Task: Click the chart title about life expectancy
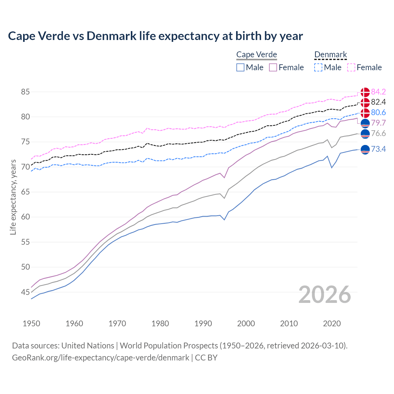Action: coord(155,36)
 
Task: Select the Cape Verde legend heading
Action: coord(256,54)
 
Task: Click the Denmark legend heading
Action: coord(331,54)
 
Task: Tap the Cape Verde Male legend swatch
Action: coord(240,67)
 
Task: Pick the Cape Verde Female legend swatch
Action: coord(273,67)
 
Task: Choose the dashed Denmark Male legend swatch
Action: coord(318,67)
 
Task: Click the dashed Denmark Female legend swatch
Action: coord(351,67)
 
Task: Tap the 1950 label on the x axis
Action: coord(31,324)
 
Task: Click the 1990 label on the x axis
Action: coord(203,324)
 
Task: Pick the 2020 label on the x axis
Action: coord(332,324)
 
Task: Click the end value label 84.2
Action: coord(378,92)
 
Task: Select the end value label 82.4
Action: coord(378,102)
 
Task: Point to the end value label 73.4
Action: coord(378,149)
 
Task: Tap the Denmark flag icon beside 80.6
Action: coord(365,113)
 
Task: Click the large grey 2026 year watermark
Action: coord(324,295)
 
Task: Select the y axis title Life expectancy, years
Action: coord(13,197)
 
